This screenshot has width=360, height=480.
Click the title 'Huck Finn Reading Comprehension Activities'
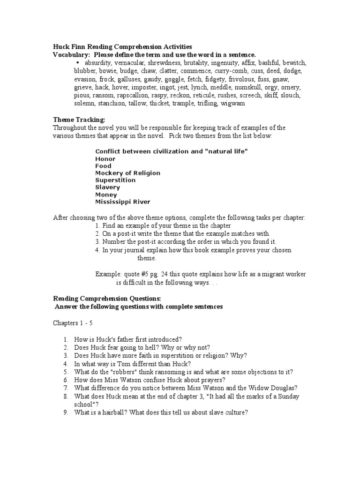pos(122,46)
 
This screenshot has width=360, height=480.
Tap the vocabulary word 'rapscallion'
pos(131,95)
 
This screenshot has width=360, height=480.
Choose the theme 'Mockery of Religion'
pos(127,173)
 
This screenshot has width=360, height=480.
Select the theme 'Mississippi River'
pos(123,202)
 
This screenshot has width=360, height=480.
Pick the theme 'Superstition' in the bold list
pos(115,180)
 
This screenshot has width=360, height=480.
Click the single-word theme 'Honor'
pos(105,159)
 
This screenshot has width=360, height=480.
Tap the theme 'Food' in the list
pos(103,166)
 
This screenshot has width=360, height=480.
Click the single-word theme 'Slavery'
pos(107,187)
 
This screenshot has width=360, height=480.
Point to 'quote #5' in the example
pos(135,274)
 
